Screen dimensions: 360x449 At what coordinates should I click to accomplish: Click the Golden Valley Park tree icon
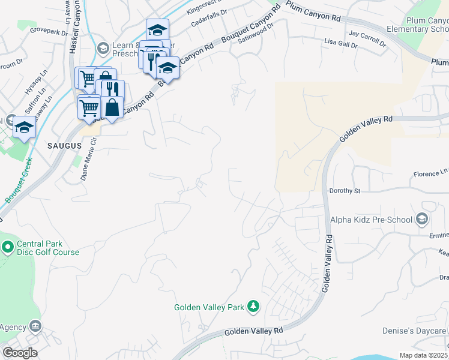(x=253, y=307)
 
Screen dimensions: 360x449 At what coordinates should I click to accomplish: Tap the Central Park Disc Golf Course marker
(x=7, y=247)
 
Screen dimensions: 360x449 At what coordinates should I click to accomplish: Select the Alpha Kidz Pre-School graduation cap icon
(x=422, y=219)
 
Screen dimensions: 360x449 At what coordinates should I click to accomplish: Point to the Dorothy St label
(x=344, y=191)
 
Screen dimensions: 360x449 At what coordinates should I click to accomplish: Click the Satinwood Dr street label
(x=256, y=27)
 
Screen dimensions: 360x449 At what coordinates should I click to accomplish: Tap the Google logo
(x=20, y=353)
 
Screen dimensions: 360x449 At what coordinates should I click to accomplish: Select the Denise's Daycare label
(x=414, y=331)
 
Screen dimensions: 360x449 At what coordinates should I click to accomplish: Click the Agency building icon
(x=35, y=326)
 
